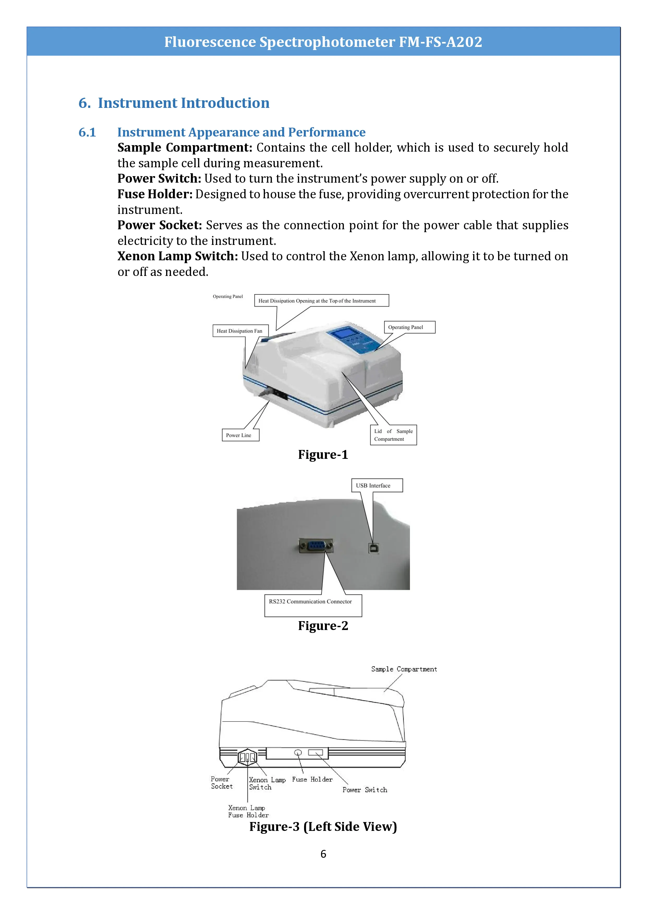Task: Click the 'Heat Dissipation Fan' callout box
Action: pyautogui.click(x=240, y=331)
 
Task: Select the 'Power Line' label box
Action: pyautogui.click(x=240, y=435)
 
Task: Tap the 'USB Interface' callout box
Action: pyautogui.click(x=377, y=485)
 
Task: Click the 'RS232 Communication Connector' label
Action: pyautogui.click(x=310, y=602)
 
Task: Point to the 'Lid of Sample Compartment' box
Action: pyautogui.click(x=393, y=435)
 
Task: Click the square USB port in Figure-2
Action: pyautogui.click(x=374, y=548)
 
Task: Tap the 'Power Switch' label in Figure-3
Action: pyautogui.click(x=365, y=790)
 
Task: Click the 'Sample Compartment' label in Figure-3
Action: pyautogui.click(x=404, y=669)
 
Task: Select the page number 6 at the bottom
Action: pyautogui.click(x=323, y=854)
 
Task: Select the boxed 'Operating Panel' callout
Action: pyautogui.click(x=409, y=327)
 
